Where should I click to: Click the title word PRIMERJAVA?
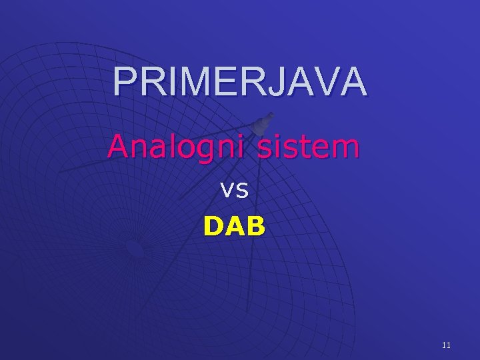239,82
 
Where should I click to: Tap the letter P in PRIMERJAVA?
123,82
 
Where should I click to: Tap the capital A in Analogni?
119,145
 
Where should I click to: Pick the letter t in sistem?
312,145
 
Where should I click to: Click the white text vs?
235,191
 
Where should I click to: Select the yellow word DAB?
234,227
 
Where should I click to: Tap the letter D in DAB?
214,227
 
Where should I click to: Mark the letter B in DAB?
255,227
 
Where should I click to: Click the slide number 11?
446,345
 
